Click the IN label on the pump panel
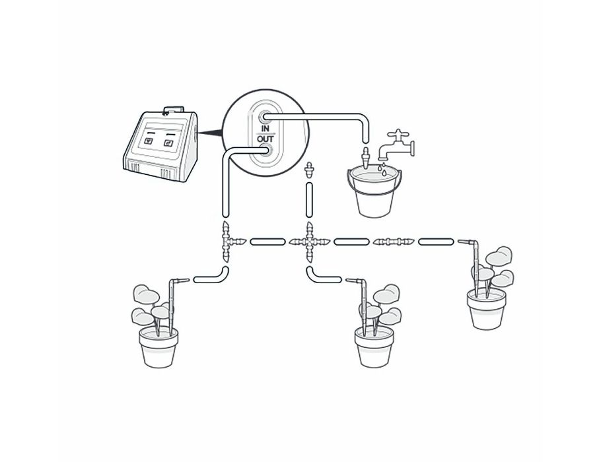pos(265,128)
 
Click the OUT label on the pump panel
pos(265,138)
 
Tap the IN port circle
pos(264,116)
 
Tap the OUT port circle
pos(265,150)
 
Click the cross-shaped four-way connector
pos(309,242)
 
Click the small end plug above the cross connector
pos(308,170)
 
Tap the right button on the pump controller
pos(168,143)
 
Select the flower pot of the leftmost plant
pos(159,347)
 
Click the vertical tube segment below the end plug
pos(309,201)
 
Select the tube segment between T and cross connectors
pos(267,242)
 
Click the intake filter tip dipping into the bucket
pos(365,157)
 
